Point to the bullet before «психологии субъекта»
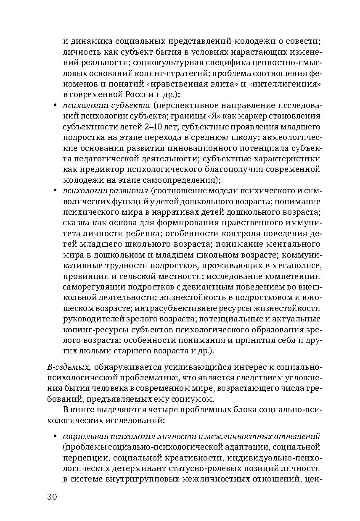coord(55,105)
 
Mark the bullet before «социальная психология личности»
coord(55,436)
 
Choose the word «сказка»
coord(74,223)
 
